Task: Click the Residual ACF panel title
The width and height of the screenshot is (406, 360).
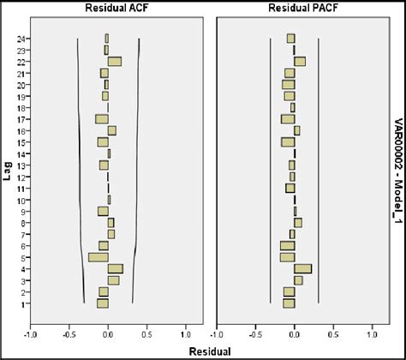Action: tap(108, 8)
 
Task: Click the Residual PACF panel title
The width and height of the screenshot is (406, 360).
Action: tap(294, 8)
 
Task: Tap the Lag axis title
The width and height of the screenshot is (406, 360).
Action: tap(8, 171)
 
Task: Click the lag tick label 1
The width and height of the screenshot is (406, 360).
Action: tap(21, 303)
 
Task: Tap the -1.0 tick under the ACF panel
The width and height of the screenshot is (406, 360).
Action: tap(31, 335)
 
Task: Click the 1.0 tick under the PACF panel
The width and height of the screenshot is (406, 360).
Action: tap(372, 335)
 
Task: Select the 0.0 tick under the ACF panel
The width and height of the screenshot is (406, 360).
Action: tap(108, 335)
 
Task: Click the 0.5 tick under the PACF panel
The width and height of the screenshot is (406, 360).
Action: tap(333, 335)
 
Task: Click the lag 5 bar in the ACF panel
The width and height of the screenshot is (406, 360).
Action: tap(99, 257)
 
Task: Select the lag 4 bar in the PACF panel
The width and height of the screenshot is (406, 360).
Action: tap(302, 268)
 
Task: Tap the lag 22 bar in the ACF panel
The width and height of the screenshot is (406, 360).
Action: tap(114, 61)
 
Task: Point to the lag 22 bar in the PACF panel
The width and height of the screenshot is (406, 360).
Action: tap(299, 61)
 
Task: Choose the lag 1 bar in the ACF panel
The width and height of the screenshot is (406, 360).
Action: tap(103, 303)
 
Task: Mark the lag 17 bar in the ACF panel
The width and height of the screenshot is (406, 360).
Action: tap(102, 119)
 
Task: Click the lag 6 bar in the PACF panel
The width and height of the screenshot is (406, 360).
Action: tap(287, 246)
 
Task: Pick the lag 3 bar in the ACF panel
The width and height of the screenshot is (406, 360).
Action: tap(113, 280)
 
